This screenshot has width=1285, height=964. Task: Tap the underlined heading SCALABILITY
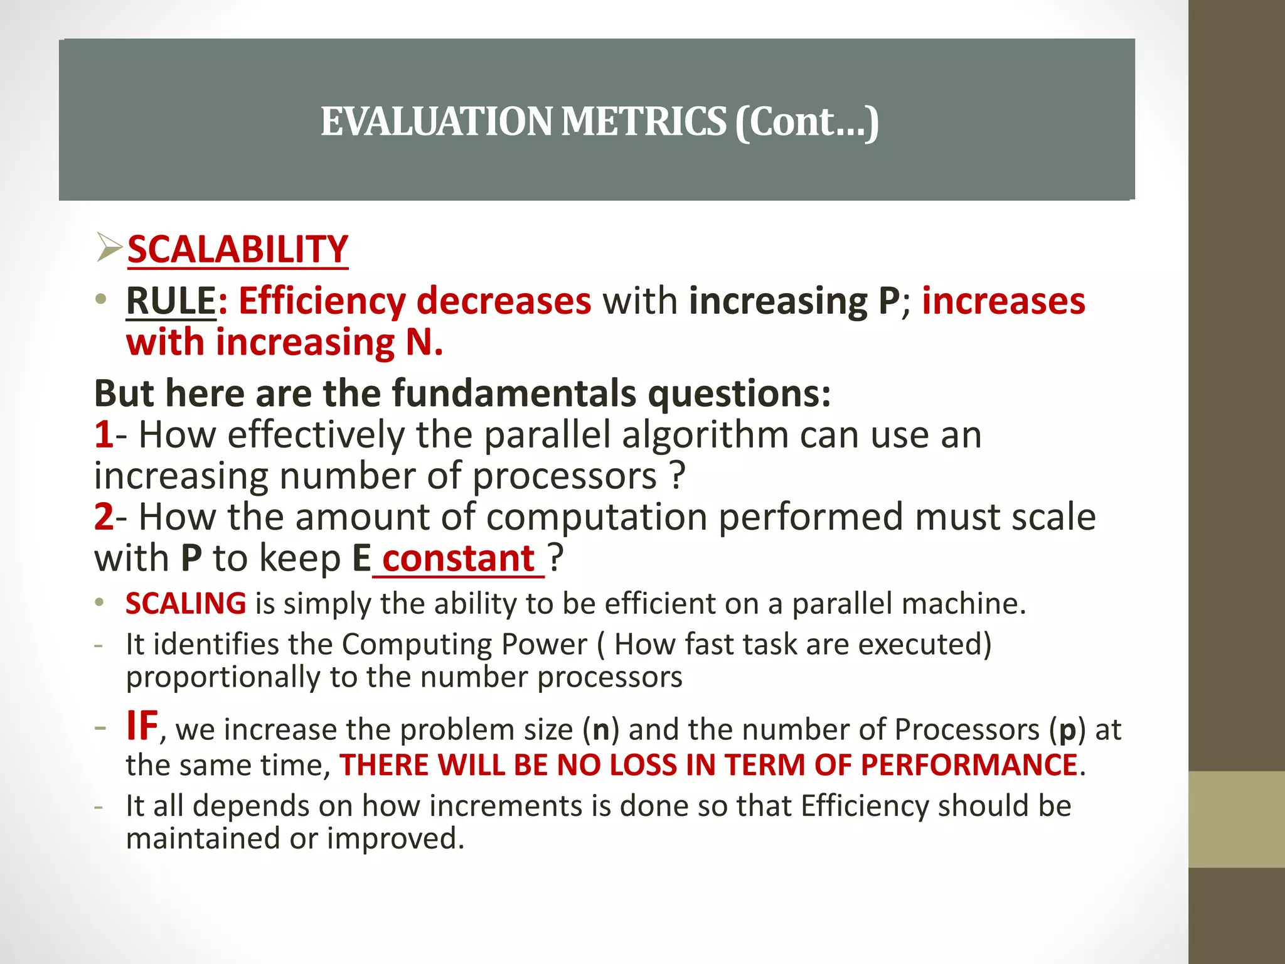pos(238,249)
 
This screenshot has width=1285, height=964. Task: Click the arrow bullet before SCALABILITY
pos(109,247)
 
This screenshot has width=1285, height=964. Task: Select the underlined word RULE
pos(171,301)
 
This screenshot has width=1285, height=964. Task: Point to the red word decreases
pos(504,301)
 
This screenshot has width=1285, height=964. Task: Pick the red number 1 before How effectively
pos(104,434)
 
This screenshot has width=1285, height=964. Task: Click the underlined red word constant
pos(458,558)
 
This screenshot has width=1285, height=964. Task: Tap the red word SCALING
pos(186,603)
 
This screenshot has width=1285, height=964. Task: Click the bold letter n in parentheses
pos(601,729)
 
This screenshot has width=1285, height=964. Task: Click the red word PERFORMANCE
pos(969,765)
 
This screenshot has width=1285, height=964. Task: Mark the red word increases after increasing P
pos(1003,301)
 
